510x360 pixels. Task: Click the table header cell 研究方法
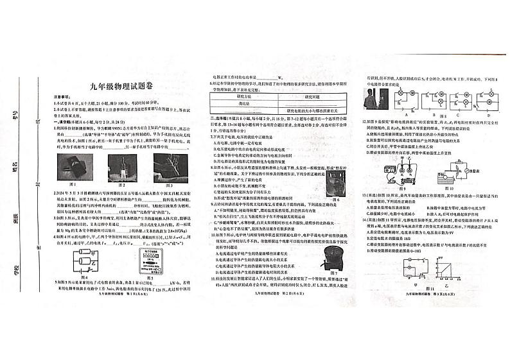(x=245, y=90)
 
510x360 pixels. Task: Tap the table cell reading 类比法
(x=245, y=101)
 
